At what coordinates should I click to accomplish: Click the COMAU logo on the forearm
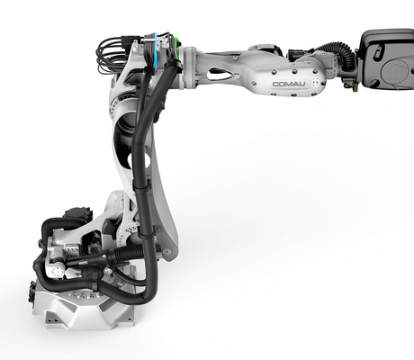point(289,84)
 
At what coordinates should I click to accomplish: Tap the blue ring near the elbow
point(155,51)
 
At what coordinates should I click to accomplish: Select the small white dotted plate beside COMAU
point(315,82)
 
